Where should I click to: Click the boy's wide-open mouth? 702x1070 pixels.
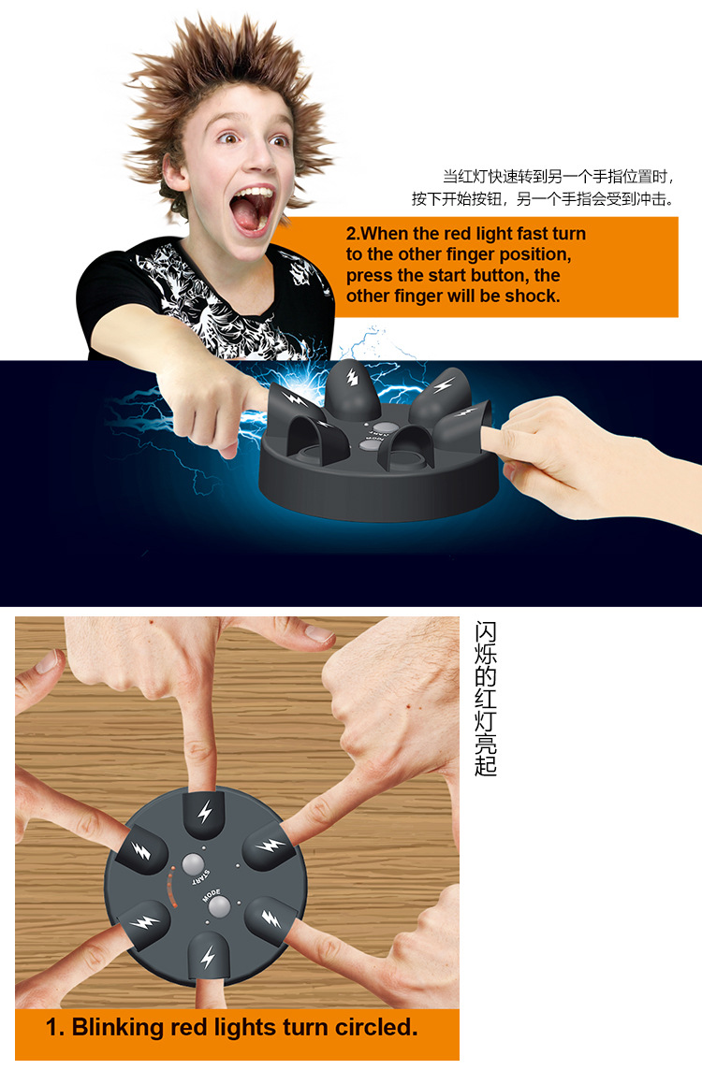click(x=252, y=209)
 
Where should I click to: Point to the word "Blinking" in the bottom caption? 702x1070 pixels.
click(x=117, y=1027)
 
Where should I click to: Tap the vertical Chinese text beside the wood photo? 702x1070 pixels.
click(x=485, y=698)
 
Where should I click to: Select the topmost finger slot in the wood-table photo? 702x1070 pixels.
click(x=204, y=814)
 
